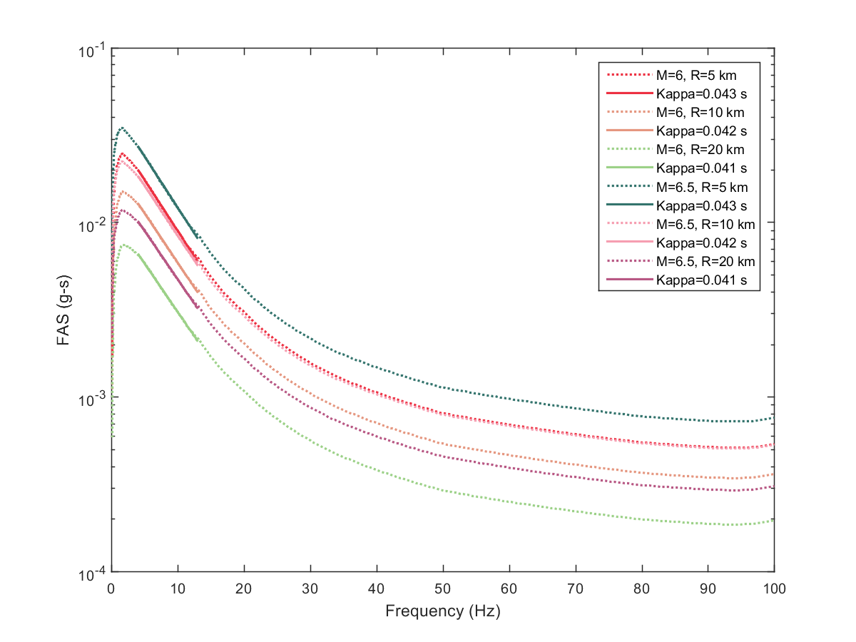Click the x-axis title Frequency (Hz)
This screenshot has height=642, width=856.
pos(443,611)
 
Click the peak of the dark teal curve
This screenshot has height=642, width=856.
pos(123,128)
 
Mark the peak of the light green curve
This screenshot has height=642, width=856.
pos(124,245)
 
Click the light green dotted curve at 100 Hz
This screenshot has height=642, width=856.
pos(774,521)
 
